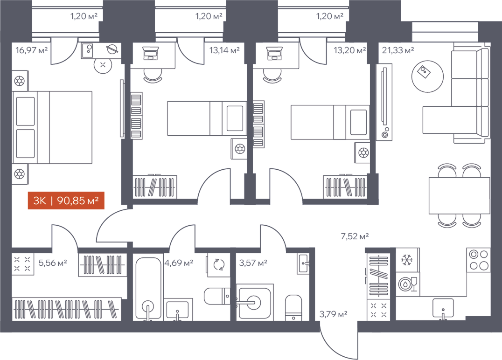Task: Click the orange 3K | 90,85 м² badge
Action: click(66, 201)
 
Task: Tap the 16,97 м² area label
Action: click(32, 50)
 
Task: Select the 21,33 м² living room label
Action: click(398, 50)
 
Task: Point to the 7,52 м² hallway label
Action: click(355, 236)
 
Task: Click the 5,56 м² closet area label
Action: click(53, 263)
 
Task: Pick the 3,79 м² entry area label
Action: click(333, 314)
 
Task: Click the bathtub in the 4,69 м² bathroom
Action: click(148, 289)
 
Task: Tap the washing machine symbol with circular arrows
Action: click(219, 265)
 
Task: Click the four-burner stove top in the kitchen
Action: click(479, 260)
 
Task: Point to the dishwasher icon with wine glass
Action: click(408, 284)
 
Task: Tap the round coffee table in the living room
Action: click(427, 77)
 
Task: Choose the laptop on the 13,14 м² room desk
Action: click(151, 53)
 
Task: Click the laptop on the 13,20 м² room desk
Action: click(274, 53)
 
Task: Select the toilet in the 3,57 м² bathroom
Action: click(293, 307)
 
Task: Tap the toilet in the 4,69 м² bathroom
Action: click(217, 296)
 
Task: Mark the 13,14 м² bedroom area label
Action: click(224, 50)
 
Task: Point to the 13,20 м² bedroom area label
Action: click(350, 50)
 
